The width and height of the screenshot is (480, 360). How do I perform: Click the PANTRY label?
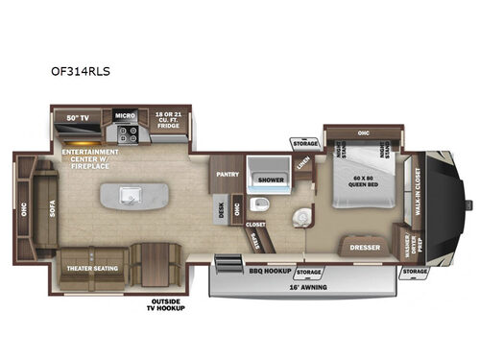click(227, 175)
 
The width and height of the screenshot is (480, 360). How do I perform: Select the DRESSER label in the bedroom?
click(365, 247)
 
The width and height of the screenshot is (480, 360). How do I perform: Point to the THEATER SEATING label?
click(90, 268)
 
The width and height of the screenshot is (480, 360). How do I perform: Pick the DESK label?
click(221, 208)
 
